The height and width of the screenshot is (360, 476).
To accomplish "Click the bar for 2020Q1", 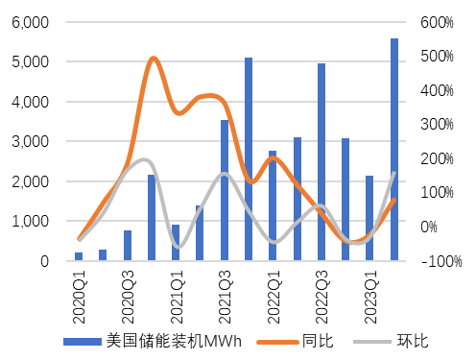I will [x=79, y=256].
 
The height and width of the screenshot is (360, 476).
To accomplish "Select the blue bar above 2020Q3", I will [x=128, y=246].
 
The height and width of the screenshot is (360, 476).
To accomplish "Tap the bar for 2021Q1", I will [x=176, y=243].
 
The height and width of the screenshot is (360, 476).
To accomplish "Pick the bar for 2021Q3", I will [x=225, y=190].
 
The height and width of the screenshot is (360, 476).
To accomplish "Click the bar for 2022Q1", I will [x=273, y=205].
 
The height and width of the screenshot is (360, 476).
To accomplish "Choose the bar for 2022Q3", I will [x=321, y=162].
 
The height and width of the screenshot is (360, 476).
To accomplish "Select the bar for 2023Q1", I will [x=369, y=218].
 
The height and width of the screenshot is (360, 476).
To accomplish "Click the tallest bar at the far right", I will [x=394, y=150].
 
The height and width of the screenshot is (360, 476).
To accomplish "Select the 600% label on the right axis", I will [x=436, y=22].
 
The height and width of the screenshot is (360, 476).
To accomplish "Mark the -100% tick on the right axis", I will [x=439, y=261].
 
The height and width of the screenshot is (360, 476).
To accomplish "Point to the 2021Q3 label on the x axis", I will [x=225, y=287].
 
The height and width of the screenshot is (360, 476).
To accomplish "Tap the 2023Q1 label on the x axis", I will [x=369, y=287].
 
